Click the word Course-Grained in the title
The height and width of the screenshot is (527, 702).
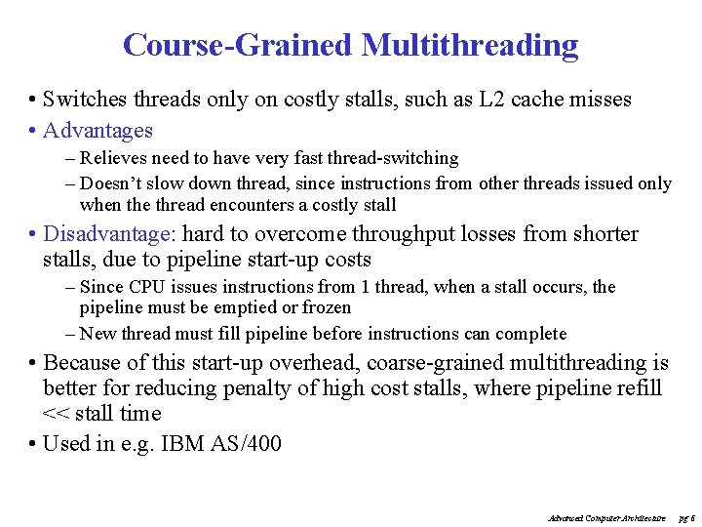(x=238, y=45)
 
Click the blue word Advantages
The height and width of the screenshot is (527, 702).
(x=98, y=131)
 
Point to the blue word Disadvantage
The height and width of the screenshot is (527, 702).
(x=107, y=234)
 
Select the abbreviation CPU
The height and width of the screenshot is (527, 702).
(x=147, y=287)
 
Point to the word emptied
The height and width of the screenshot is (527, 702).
(x=249, y=308)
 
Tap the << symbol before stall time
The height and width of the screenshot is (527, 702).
(x=58, y=414)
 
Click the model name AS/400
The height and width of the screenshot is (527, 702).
(x=248, y=445)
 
